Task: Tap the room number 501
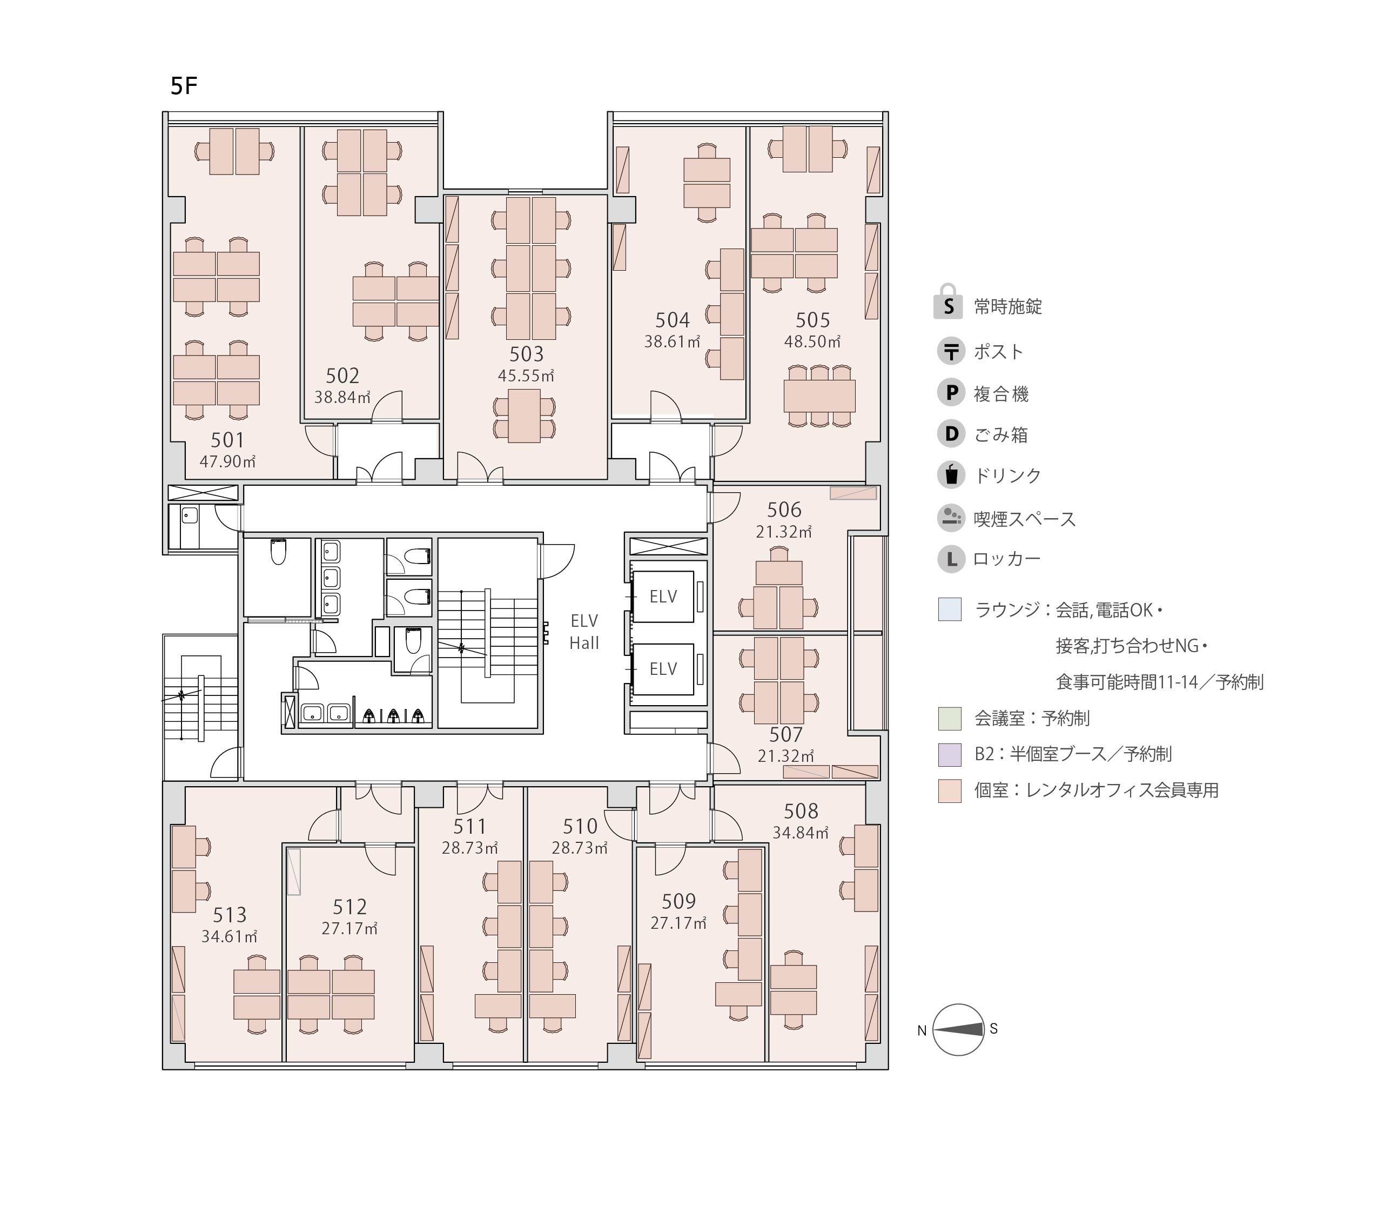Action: click(227, 440)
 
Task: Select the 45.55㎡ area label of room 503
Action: click(526, 376)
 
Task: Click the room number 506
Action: click(784, 510)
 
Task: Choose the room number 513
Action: click(230, 915)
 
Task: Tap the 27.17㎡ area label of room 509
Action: click(678, 923)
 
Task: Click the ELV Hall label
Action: click(584, 632)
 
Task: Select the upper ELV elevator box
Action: click(663, 597)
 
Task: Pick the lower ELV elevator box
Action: click(663, 669)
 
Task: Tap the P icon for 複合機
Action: click(951, 393)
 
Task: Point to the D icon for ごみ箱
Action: click(951, 434)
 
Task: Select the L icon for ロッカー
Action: click(951, 559)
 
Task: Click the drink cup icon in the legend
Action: click(951, 475)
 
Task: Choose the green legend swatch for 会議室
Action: click(950, 718)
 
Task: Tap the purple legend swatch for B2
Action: click(950, 754)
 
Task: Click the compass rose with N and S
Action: click(958, 1030)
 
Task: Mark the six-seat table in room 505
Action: click(819, 396)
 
